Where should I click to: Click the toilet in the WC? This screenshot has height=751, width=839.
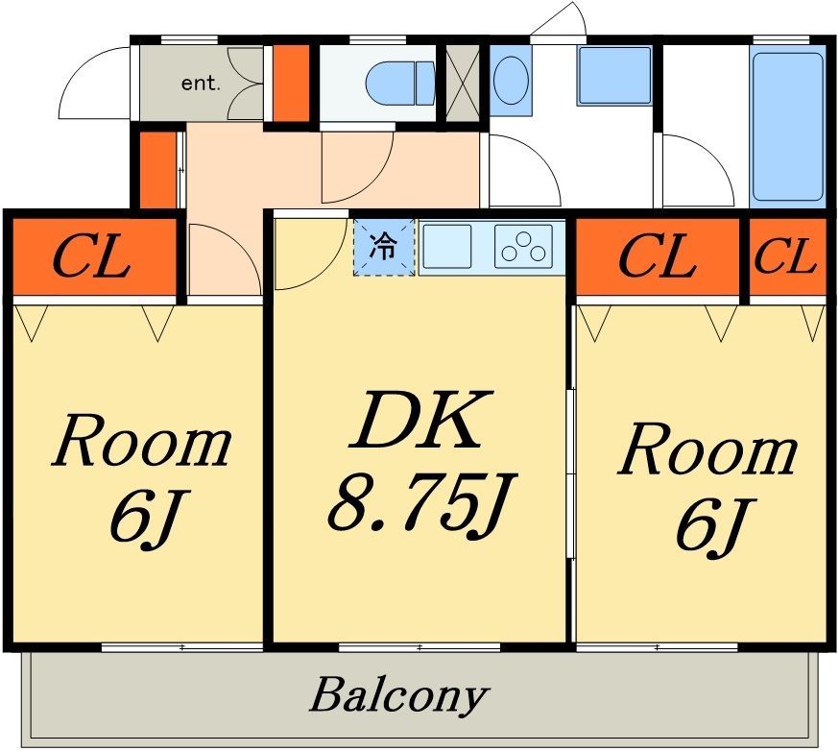(400, 83)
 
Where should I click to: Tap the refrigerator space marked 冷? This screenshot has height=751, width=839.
(384, 248)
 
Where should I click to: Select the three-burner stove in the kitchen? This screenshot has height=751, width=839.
(523, 246)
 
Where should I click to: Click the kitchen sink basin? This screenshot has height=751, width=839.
(447, 246)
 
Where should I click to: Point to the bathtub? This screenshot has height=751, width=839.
(787, 127)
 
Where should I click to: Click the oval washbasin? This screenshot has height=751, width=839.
(511, 81)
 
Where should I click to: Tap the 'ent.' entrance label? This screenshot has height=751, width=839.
(201, 84)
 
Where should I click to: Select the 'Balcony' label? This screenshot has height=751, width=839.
(398, 695)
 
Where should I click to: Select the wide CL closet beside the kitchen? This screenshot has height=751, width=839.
(658, 255)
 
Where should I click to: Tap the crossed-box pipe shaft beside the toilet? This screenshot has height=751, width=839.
(463, 83)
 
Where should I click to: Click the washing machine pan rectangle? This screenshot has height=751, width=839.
(614, 76)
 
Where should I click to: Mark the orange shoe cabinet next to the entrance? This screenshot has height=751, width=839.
(291, 83)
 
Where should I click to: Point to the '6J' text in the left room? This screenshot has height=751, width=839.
(144, 514)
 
